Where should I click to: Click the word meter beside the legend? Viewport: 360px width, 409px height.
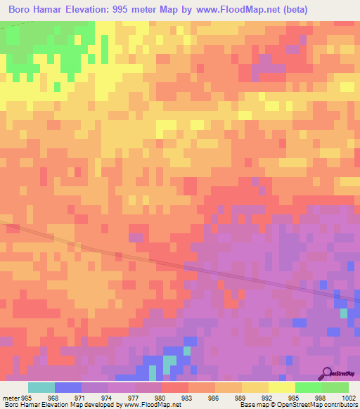(x=11, y=398)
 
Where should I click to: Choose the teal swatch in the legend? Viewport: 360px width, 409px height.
(x=41, y=387)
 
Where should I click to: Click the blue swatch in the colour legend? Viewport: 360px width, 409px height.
(x=68, y=387)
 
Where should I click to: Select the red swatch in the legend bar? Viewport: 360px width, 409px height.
(x=175, y=387)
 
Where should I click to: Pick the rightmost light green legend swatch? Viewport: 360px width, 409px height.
(x=335, y=387)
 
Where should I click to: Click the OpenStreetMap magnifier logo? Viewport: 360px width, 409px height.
(x=325, y=373)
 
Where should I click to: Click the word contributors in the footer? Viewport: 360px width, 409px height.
(x=338, y=405)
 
